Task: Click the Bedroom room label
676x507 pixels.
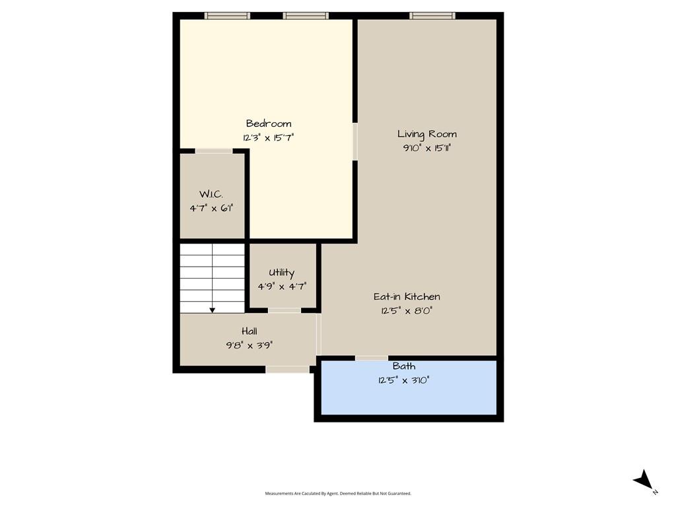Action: (x=269, y=123)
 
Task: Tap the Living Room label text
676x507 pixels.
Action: (x=427, y=134)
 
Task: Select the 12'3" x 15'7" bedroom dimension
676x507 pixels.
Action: (x=268, y=138)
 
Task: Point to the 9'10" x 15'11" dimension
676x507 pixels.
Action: (x=427, y=148)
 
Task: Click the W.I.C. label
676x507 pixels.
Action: (x=211, y=194)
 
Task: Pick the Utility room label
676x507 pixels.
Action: (x=281, y=273)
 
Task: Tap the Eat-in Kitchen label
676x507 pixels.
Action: (x=407, y=296)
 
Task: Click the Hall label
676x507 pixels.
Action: (x=249, y=331)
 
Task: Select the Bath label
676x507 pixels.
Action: (x=404, y=366)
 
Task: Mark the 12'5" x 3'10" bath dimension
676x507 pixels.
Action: (x=404, y=380)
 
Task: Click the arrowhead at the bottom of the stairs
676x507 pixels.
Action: (x=212, y=310)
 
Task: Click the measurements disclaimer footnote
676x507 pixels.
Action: (x=338, y=493)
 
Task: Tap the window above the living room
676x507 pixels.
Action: (x=432, y=16)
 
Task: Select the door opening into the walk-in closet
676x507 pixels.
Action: (x=214, y=151)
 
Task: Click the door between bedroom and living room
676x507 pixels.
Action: (x=355, y=141)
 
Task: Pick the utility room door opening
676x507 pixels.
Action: (x=284, y=310)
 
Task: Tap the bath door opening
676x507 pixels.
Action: (x=372, y=358)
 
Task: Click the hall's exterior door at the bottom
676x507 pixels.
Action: (x=288, y=370)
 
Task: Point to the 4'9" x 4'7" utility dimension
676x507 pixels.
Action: (x=282, y=287)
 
